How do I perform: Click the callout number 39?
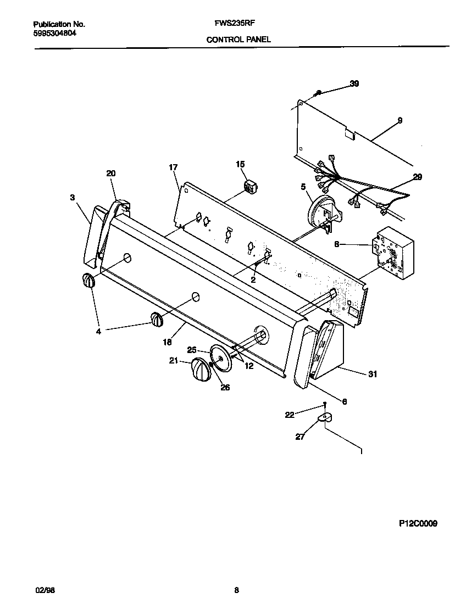pyautogui.click(x=354, y=84)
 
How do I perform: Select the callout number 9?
pyautogui.click(x=400, y=120)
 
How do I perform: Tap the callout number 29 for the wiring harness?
pyautogui.click(x=418, y=177)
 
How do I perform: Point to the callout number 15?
pyautogui.click(x=240, y=164)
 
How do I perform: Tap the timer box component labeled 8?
pyautogui.click(x=392, y=251)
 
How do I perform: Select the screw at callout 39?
pyautogui.click(x=318, y=94)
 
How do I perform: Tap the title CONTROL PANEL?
pyautogui.click(x=238, y=40)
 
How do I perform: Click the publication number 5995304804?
pyautogui.click(x=55, y=33)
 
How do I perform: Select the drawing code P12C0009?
pyautogui.click(x=418, y=524)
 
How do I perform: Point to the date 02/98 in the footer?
pyautogui.click(x=45, y=590)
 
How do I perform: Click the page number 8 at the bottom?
pyautogui.click(x=236, y=590)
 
